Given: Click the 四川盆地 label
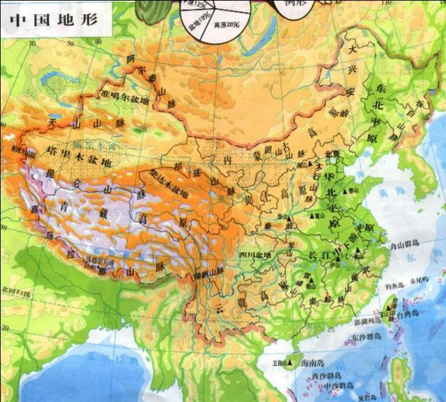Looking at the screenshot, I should point(253,255).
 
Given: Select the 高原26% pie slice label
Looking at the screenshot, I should point(226,24).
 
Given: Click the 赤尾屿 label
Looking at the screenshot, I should point(417,283).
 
